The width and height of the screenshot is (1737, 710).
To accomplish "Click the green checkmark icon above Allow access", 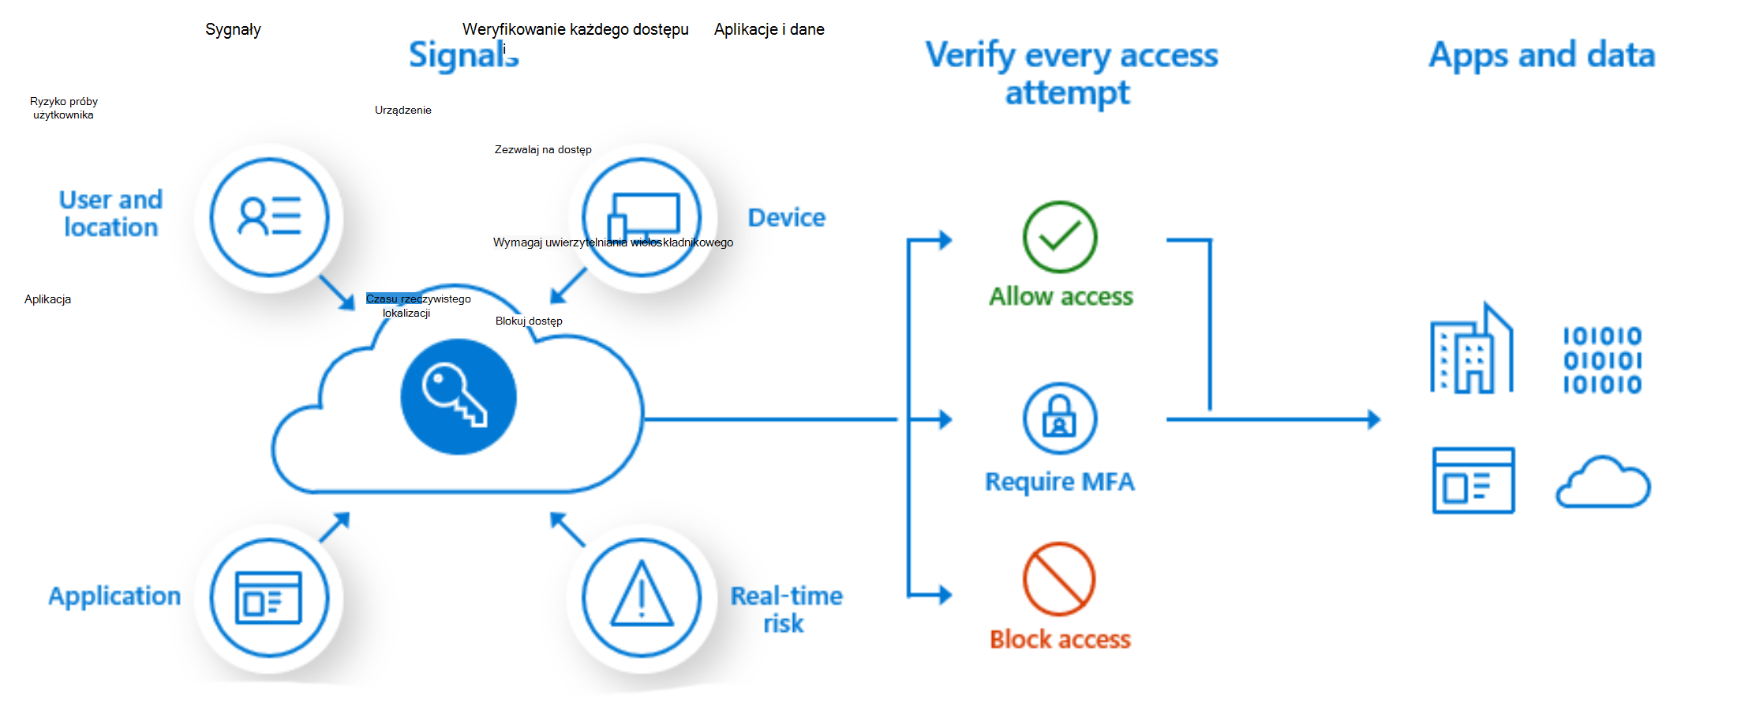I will (x=1059, y=237).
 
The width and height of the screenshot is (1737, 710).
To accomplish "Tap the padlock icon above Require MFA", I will (x=1059, y=419).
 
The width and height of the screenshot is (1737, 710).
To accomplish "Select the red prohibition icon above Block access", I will (x=1059, y=579).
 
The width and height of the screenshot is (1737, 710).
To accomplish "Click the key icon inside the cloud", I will (x=458, y=396).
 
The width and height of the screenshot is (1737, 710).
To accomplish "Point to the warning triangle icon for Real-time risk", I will (x=642, y=597).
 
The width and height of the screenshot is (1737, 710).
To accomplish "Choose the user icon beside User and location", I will (x=269, y=216).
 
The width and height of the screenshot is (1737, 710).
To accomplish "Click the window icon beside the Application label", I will (x=269, y=597).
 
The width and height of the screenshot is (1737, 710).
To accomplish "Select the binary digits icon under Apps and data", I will (x=1602, y=360).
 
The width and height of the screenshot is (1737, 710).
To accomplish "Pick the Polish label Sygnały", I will (x=233, y=30).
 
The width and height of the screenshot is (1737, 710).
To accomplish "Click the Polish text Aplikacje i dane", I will (x=769, y=30).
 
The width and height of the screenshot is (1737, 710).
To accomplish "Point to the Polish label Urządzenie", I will (x=402, y=111).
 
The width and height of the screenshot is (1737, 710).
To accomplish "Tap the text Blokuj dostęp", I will (x=529, y=321).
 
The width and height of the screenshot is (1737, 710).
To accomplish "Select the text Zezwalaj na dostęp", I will (x=543, y=150).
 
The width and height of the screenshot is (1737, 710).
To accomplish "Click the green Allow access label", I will (x=1061, y=297).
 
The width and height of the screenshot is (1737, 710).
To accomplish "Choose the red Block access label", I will (x=1060, y=639).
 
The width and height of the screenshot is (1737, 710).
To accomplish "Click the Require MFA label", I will (x=1060, y=482).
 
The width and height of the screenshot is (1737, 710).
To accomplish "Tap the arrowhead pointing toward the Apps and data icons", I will (x=1373, y=419).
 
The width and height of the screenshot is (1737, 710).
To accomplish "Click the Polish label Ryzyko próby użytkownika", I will (x=63, y=108).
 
